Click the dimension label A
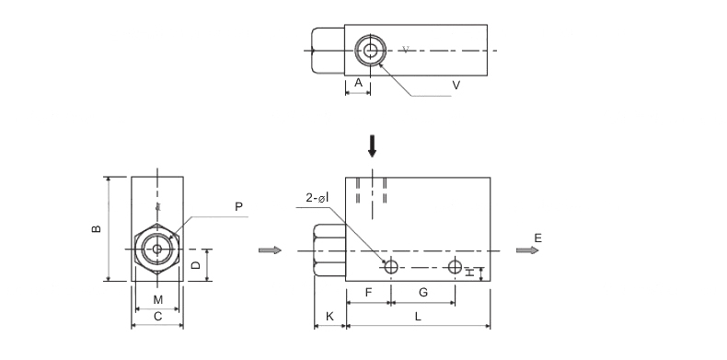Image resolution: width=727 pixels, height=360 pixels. point(358,83)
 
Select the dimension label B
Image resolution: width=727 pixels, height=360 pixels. point(97,228)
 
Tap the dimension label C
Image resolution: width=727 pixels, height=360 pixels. point(157,317)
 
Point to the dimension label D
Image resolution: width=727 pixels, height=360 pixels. point(196,265)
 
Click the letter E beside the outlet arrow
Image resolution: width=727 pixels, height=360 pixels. point(537,238)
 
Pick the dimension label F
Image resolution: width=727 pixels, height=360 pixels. point(369,293)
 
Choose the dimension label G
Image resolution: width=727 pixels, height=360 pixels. point(422,293)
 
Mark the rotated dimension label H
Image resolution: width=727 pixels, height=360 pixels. point(470,273)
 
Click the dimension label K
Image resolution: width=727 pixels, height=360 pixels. point(329,317)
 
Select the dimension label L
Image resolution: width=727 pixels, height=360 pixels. point(418,317)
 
